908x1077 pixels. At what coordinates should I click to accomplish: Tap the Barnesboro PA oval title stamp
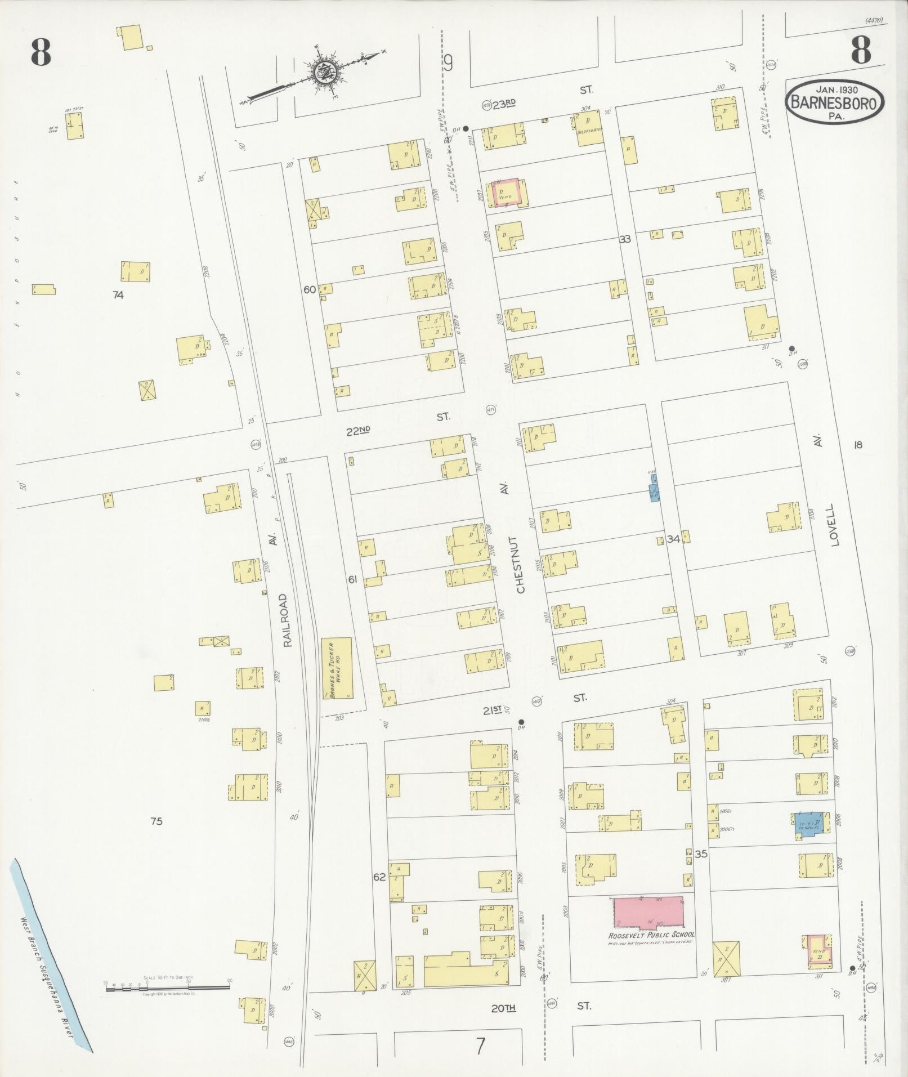pyautogui.click(x=835, y=102)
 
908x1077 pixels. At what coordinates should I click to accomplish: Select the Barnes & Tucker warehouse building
pyautogui.click(x=337, y=668)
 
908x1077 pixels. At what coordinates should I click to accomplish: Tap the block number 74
pyautogui.click(x=118, y=294)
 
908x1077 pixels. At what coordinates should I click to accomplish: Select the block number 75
pyautogui.click(x=156, y=821)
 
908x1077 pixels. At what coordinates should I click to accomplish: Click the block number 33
pyautogui.click(x=624, y=239)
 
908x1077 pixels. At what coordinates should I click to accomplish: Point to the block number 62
pyautogui.click(x=379, y=877)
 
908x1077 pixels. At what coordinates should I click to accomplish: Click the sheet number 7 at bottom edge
pyautogui.click(x=480, y=1047)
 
